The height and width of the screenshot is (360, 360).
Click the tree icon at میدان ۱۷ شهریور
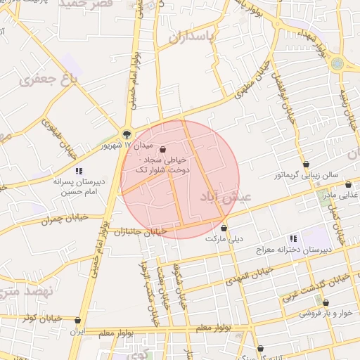[x=127, y=134]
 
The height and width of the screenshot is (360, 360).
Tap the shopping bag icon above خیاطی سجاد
[x=163, y=149]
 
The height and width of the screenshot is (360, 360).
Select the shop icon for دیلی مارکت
[x=224, y=228]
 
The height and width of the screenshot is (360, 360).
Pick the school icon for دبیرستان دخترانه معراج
[x=293, y=238]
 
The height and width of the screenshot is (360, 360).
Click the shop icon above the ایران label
[x=77, y=321]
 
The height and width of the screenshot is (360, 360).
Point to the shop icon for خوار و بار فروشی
[x=326, y=303]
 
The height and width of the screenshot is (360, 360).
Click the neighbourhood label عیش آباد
[x=226, y=196]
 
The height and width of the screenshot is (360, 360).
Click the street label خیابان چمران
[x=65, y=219]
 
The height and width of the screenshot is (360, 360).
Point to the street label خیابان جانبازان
[x=139, y=231]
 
